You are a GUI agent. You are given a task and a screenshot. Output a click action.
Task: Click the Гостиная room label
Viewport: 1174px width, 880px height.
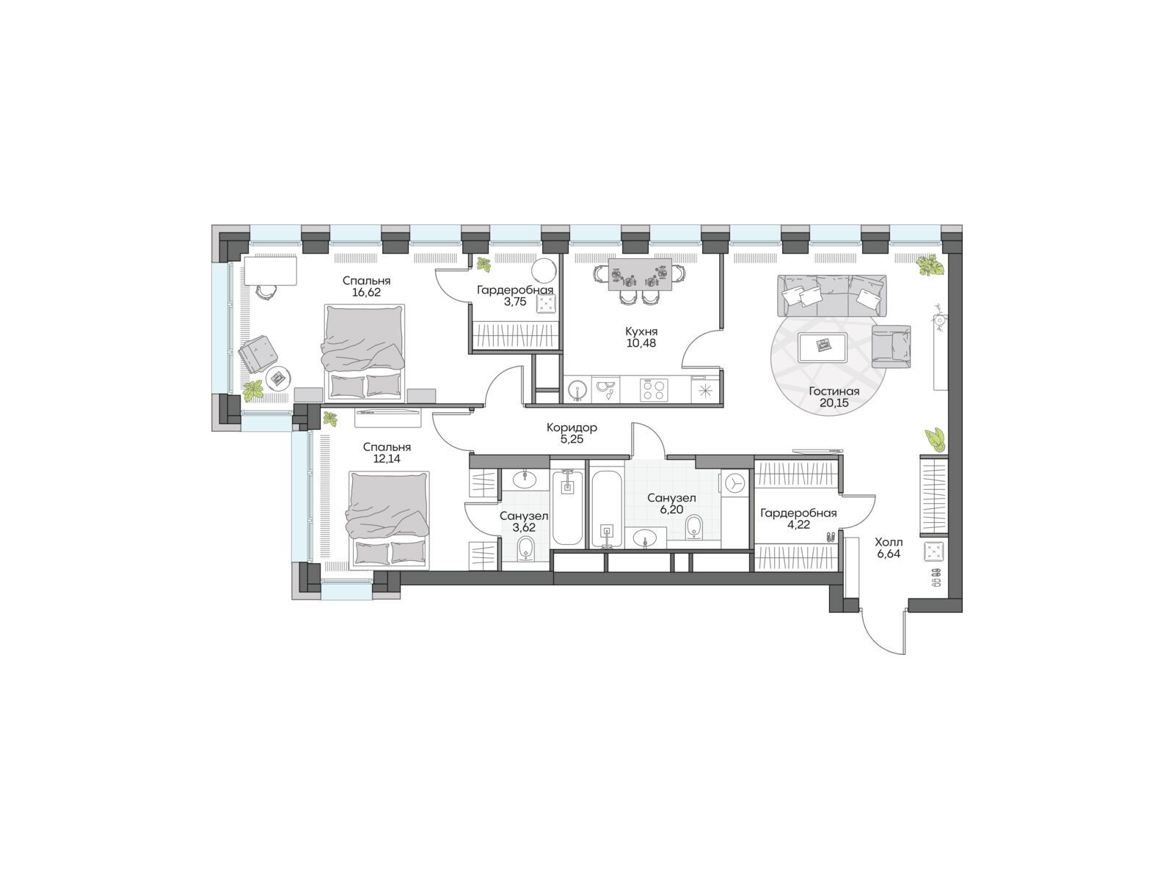coord(834,391)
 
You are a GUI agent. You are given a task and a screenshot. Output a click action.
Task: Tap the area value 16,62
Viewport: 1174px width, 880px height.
coord(366,293)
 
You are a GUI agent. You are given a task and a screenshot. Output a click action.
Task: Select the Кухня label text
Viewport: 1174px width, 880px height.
coord(641,331)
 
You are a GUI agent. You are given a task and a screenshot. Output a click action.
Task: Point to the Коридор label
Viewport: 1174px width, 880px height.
coord(572,428)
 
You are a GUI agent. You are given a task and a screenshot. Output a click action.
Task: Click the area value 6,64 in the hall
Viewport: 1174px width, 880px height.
coord(889,554)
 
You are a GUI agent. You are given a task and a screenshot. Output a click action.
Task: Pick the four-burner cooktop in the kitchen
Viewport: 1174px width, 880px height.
coord(653,389)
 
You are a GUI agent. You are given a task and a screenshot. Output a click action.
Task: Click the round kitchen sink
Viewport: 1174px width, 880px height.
coord(576,389)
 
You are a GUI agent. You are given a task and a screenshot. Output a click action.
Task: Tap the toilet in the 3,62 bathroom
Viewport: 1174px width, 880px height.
coord(526,549)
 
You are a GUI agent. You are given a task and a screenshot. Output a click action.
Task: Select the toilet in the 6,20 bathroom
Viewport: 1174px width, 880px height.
coord(693,527)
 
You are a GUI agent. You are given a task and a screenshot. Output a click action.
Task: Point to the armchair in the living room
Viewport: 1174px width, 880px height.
coord(891,346)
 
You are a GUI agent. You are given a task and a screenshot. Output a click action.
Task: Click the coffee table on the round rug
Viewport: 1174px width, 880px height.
coord(822,348)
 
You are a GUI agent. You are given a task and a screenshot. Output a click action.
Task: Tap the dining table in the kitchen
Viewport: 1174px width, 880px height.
coord(640,274)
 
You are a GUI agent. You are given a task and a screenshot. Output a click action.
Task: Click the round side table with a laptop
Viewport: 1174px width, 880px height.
coord(278,378)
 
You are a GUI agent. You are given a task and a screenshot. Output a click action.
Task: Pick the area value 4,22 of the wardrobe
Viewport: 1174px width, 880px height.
coord(798,524)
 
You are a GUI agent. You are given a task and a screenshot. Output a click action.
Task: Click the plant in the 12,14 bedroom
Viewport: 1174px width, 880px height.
coord(330,419)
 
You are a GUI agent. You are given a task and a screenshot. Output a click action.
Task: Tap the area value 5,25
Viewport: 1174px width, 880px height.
coord(572,439)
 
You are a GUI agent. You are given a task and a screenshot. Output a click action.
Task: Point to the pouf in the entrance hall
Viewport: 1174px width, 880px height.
coord(934,552)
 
